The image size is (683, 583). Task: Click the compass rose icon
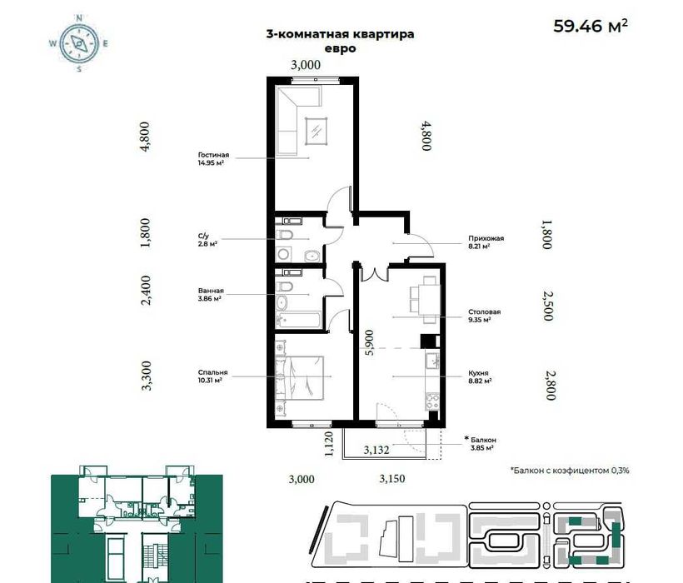tap(79, 42)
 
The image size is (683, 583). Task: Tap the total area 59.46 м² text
tap(591, 26)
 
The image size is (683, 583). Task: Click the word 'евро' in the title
tap(341, 49)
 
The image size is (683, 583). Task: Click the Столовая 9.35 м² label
tap(485, 316)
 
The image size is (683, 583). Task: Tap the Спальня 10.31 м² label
tap(213, 376)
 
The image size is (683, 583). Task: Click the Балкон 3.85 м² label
tap(481, 443)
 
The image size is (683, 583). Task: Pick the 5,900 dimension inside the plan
tap(369, 342)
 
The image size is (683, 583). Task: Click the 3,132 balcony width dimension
tap(376, 450)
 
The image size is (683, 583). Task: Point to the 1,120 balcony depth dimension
tap(329, 444)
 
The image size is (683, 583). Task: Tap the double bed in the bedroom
tap(301, 377)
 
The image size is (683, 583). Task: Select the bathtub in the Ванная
tap(299, 321)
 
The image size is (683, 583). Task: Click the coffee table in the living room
tap(317, 132)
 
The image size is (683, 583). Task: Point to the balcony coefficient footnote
tap(570, 471)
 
